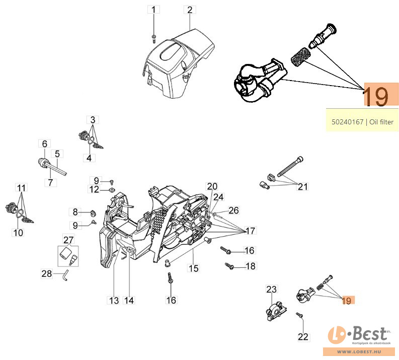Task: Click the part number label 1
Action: (154, 9)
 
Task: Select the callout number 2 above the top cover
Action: (190, 9)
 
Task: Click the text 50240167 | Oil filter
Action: (362, 121)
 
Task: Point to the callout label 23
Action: (272, 289)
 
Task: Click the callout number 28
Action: (46, 274)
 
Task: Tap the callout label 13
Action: (114, 301)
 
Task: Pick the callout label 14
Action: (129, 301)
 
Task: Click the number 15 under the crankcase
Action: (194, 268)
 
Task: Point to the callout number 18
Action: (250, 266)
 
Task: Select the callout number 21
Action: (302, 187)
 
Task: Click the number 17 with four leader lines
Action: (250, 231)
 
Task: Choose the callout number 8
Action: (75, 211)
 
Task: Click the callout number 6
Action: (44, 143)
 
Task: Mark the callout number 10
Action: (18, 233)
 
